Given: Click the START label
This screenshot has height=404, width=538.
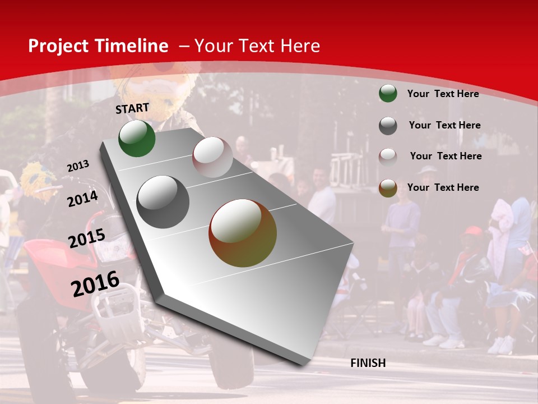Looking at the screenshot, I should [x=132, y=108].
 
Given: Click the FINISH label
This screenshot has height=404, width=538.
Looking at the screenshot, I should [x=368, y=363].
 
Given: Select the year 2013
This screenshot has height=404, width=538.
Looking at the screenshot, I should [x=78, y=166].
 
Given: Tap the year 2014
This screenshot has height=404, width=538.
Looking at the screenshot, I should [x=83, y=199].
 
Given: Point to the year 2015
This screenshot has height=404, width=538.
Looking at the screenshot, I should [x=87, y=238].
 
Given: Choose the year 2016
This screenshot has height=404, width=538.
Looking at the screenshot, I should [x=95, y=283].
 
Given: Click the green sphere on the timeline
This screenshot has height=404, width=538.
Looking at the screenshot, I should [x=137, y=138].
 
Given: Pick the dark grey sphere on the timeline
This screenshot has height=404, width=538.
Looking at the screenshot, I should [x=163, y=202].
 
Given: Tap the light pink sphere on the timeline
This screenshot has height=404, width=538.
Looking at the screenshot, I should [x=212, y=157].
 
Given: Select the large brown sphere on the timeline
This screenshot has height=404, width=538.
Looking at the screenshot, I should [x=243, y=233].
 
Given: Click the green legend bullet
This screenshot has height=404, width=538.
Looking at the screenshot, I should [x=388, y=93].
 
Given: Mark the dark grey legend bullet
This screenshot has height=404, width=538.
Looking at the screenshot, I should [x=388, y=126].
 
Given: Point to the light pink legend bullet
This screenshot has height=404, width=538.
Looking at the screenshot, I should [x=388, y=157].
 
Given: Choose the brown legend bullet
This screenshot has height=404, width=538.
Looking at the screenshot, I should [x=388, y=188].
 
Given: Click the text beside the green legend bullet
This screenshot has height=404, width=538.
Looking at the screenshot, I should [x=443, y=94].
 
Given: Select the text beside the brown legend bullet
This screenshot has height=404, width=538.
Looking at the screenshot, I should [x=443, y=187].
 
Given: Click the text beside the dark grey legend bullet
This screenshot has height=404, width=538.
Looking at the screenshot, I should [x=444, y=125].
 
